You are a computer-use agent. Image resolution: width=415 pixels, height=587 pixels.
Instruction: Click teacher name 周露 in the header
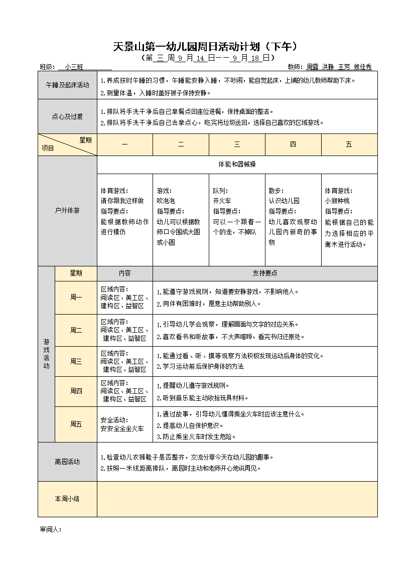[x=312, y=67]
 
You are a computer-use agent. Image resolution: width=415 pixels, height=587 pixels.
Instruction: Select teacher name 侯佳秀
[x=362, y=67]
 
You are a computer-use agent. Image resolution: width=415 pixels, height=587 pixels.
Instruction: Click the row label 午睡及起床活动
[x=67, y=85]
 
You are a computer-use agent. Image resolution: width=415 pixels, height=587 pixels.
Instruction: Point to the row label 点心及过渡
[x=67, y=116]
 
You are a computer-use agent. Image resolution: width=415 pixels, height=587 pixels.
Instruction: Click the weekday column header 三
[x=237, y=144]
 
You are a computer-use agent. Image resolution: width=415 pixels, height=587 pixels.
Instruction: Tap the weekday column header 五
[x=349, y=144]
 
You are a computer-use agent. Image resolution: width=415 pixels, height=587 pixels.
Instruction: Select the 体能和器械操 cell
[x=237, y=165]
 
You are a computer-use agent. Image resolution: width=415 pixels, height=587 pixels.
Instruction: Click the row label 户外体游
[x=67, y=211]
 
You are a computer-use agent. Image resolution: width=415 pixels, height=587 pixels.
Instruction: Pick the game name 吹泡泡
[x=166, y=201]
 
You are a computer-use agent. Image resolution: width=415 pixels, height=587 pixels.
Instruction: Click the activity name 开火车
[x=222, y=201]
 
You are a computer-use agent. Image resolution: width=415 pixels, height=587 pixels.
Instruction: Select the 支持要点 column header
[x=264, y=273]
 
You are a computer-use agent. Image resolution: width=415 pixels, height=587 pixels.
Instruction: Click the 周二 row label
[x=76, y=330]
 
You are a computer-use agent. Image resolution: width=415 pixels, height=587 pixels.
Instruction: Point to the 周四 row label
[x=76, y=391]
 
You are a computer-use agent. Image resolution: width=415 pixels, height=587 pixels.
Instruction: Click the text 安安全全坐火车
[x=122, y=428]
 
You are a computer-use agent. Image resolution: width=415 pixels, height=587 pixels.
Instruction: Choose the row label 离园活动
[x=67, y=462]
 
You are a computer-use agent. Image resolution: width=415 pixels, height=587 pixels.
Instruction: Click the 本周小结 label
[x=67, y=499]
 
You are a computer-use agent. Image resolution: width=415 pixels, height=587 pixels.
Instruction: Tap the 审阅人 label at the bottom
[x=50, y=529]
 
